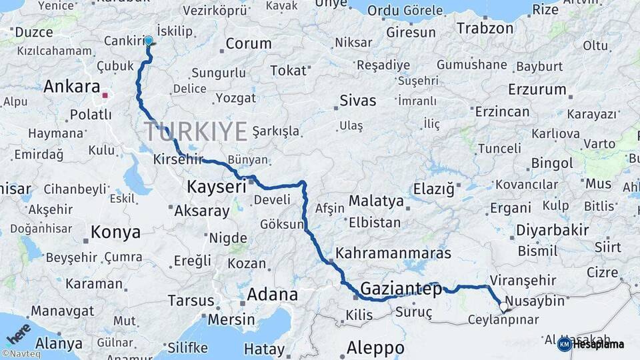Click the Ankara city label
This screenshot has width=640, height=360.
coord(71,87)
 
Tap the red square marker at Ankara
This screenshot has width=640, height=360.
coord(105,95)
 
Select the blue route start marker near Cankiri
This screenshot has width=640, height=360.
coord(148,41)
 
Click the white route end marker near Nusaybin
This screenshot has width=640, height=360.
coord(503,307)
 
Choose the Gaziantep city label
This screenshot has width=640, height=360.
coord(401,289)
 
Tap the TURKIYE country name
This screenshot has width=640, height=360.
coord(195,131)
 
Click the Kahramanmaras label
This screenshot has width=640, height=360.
coord(393,253)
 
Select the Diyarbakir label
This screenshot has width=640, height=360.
coord(552,231)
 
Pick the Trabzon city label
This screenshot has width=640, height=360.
coord(485,28)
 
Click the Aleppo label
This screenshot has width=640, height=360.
coord(375,347)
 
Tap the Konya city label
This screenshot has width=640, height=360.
coord(115,232)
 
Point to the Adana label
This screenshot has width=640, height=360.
coord(272,294)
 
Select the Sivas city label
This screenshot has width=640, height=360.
coord(358,101)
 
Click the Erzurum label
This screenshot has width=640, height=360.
coord(537,89)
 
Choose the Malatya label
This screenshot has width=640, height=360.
coord(376,201)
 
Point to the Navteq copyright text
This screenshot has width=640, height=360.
coord(21,354)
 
